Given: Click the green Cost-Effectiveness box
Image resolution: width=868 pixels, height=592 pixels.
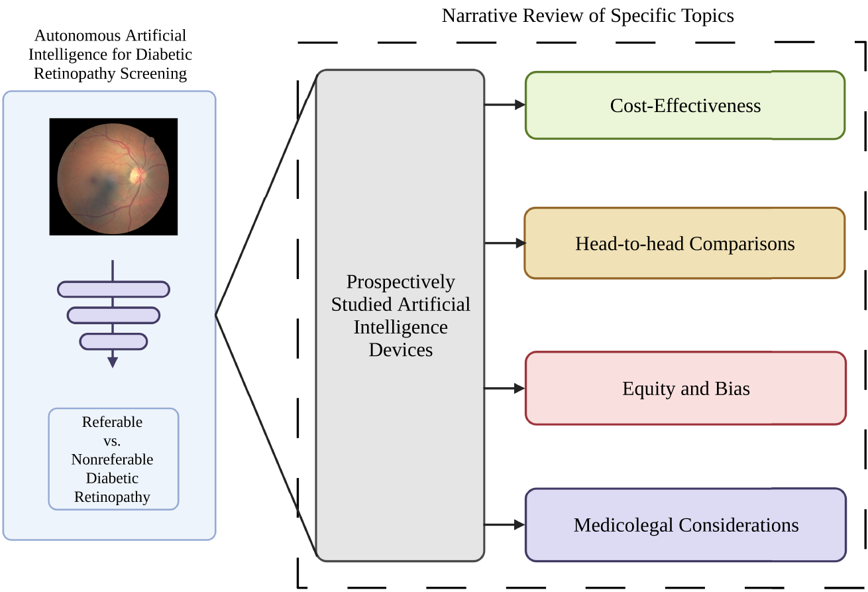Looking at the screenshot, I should (x=684, y=105).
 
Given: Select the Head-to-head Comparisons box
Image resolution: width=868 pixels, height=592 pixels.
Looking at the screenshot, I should (x=684, y=243).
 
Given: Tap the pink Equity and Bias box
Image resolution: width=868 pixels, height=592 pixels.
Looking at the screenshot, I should (x=685, y=388).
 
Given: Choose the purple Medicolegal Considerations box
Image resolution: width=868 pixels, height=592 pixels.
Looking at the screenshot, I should (x=685, y=525).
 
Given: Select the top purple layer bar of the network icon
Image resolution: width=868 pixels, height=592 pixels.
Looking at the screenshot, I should (x=113, y=289).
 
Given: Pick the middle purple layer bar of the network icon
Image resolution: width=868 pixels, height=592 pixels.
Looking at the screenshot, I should (x=113, y=315).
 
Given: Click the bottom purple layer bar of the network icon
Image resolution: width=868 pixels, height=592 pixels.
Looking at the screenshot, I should (x=113, y=341).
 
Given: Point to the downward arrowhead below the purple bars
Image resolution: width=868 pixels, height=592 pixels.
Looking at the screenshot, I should (x=113, y=362).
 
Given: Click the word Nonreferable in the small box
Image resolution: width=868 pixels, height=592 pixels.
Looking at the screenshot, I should (x=112, y=459).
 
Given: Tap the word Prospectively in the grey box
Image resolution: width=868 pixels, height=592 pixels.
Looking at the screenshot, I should (x=400, y=282).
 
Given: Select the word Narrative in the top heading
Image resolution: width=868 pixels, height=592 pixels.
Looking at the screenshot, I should (x=471, y=15).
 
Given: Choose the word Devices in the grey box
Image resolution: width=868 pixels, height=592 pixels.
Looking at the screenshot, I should (x=400, y=350).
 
